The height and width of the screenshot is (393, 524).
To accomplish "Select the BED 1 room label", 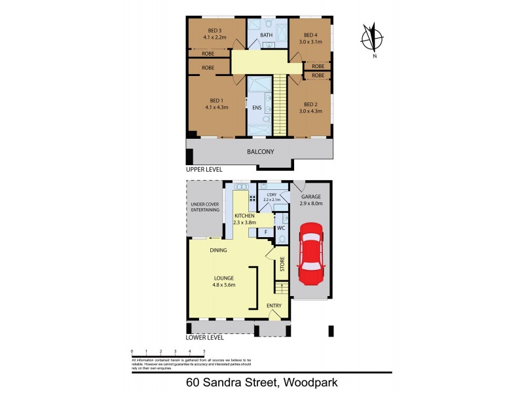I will click(215, 100).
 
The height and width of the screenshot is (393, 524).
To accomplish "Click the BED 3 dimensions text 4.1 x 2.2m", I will click(215, 37).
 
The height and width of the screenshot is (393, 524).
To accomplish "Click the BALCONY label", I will click(260, 152).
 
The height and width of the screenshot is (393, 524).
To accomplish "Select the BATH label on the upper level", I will click(266, 35).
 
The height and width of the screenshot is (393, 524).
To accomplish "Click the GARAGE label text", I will click(310, 196).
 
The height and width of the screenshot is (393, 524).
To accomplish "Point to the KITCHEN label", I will click(244, 215).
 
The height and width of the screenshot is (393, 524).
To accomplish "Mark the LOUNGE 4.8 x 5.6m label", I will click(223, 282).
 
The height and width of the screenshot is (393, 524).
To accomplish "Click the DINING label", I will click(219, 250).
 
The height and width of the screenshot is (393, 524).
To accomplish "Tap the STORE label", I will click(282, 265).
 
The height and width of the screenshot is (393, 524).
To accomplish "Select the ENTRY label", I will click(274, 306).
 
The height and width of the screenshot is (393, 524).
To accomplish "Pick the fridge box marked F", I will click(265, 232).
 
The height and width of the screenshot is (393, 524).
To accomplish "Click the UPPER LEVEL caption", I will click(205, 169).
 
